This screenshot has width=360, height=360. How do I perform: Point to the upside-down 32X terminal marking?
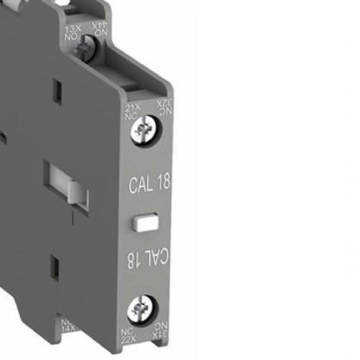pyautogui.click(x=159, y=100)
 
